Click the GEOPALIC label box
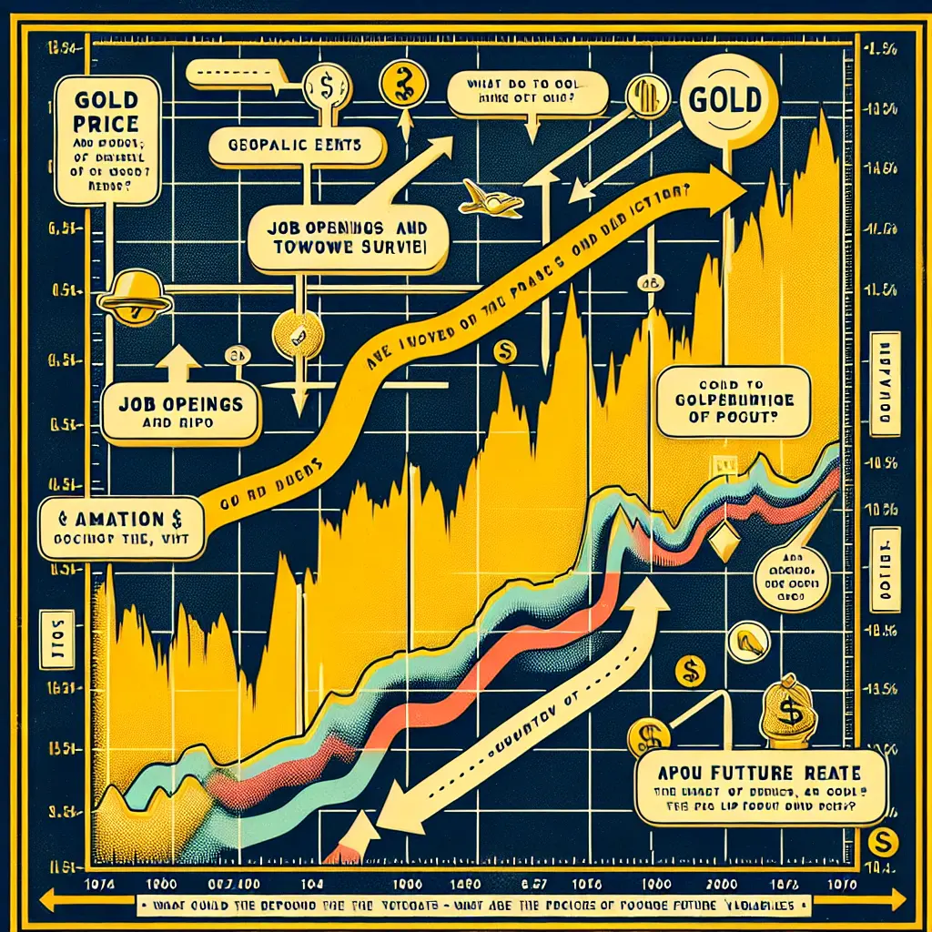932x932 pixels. tap(294, 144)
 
